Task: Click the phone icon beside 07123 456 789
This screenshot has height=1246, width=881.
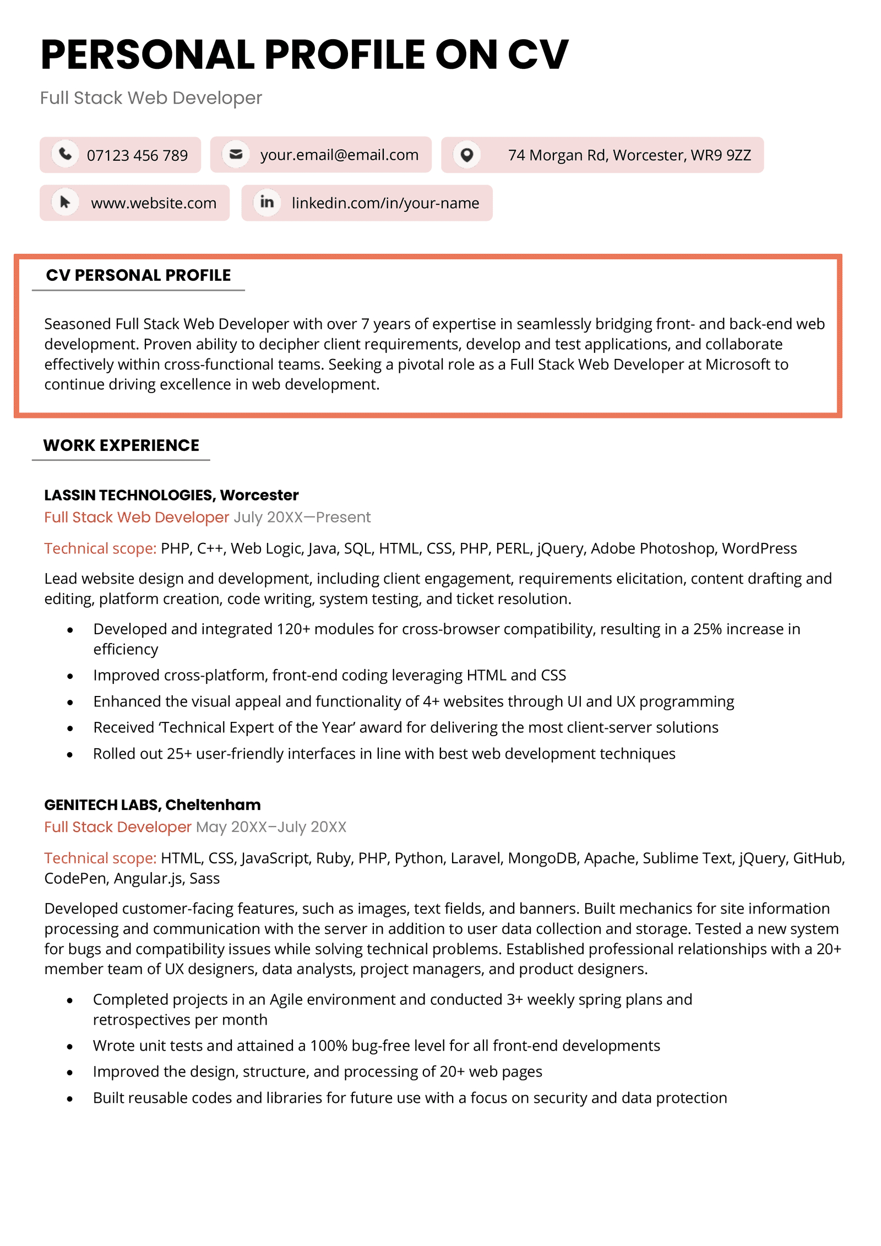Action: tap(66, 155)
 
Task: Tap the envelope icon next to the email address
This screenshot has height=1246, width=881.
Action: tap(236, 155)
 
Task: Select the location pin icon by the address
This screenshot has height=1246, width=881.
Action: tap(467, 155)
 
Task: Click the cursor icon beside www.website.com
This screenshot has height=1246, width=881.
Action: tap(66, 203)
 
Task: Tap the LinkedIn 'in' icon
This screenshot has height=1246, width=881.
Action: tap(267, 203)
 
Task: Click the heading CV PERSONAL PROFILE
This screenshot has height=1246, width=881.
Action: tap(138, 275)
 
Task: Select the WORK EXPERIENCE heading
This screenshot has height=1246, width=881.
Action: tap(121, 445)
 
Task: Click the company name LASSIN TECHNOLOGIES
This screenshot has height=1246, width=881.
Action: tap(129, 495)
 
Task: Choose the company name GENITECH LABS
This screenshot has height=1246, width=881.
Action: tap(102, 805)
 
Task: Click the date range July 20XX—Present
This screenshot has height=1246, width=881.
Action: tap(302, 518)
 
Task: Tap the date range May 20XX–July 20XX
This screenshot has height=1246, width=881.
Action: tap(271, 827)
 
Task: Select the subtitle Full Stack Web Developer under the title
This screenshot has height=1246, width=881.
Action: tap(151, 98)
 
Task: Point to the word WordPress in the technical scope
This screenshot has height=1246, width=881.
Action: tap(759, 548)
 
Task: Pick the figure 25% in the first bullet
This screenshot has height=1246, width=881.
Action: tap(707, 629)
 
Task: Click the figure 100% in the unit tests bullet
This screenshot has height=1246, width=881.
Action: tap(328, 1046)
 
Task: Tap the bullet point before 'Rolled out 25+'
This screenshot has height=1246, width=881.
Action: tap(70, 755)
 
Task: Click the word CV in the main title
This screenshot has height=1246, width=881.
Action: tap(537, 55)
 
